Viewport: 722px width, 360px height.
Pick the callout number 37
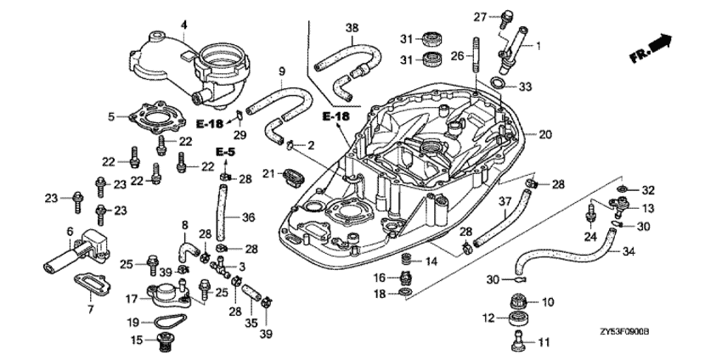click(x=503, y=201)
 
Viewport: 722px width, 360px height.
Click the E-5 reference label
click(x=224, y=151)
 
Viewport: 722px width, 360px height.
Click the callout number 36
click(x=248, y=217)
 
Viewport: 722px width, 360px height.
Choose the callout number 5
click(x=111, y=115)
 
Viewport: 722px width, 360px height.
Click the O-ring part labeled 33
click(x=500, y=86)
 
